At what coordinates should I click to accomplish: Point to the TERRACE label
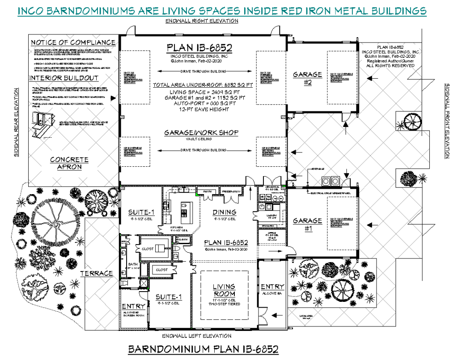pyautogui.click(x=96, y=273)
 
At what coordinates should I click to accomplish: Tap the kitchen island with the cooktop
pyautogui.click(x=184, y=213)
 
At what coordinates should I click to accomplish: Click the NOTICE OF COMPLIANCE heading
pyautogui.click(x=73, y=42)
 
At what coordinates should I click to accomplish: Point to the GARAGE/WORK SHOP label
pyautogui.click(x=201, y=133)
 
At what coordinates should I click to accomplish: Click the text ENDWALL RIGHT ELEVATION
pyautogui.click(x=201, y=21)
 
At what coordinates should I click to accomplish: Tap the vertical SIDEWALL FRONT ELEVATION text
pyautogui.click(x=447, y=121)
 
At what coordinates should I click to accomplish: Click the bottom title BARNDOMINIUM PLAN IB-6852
pyautogui.click(x=204, y=349)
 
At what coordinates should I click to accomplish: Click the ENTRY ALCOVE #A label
pyautogui.click(x=272, y=289)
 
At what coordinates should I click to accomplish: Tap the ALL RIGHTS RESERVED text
pyautogui.click(x=390, y=66)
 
